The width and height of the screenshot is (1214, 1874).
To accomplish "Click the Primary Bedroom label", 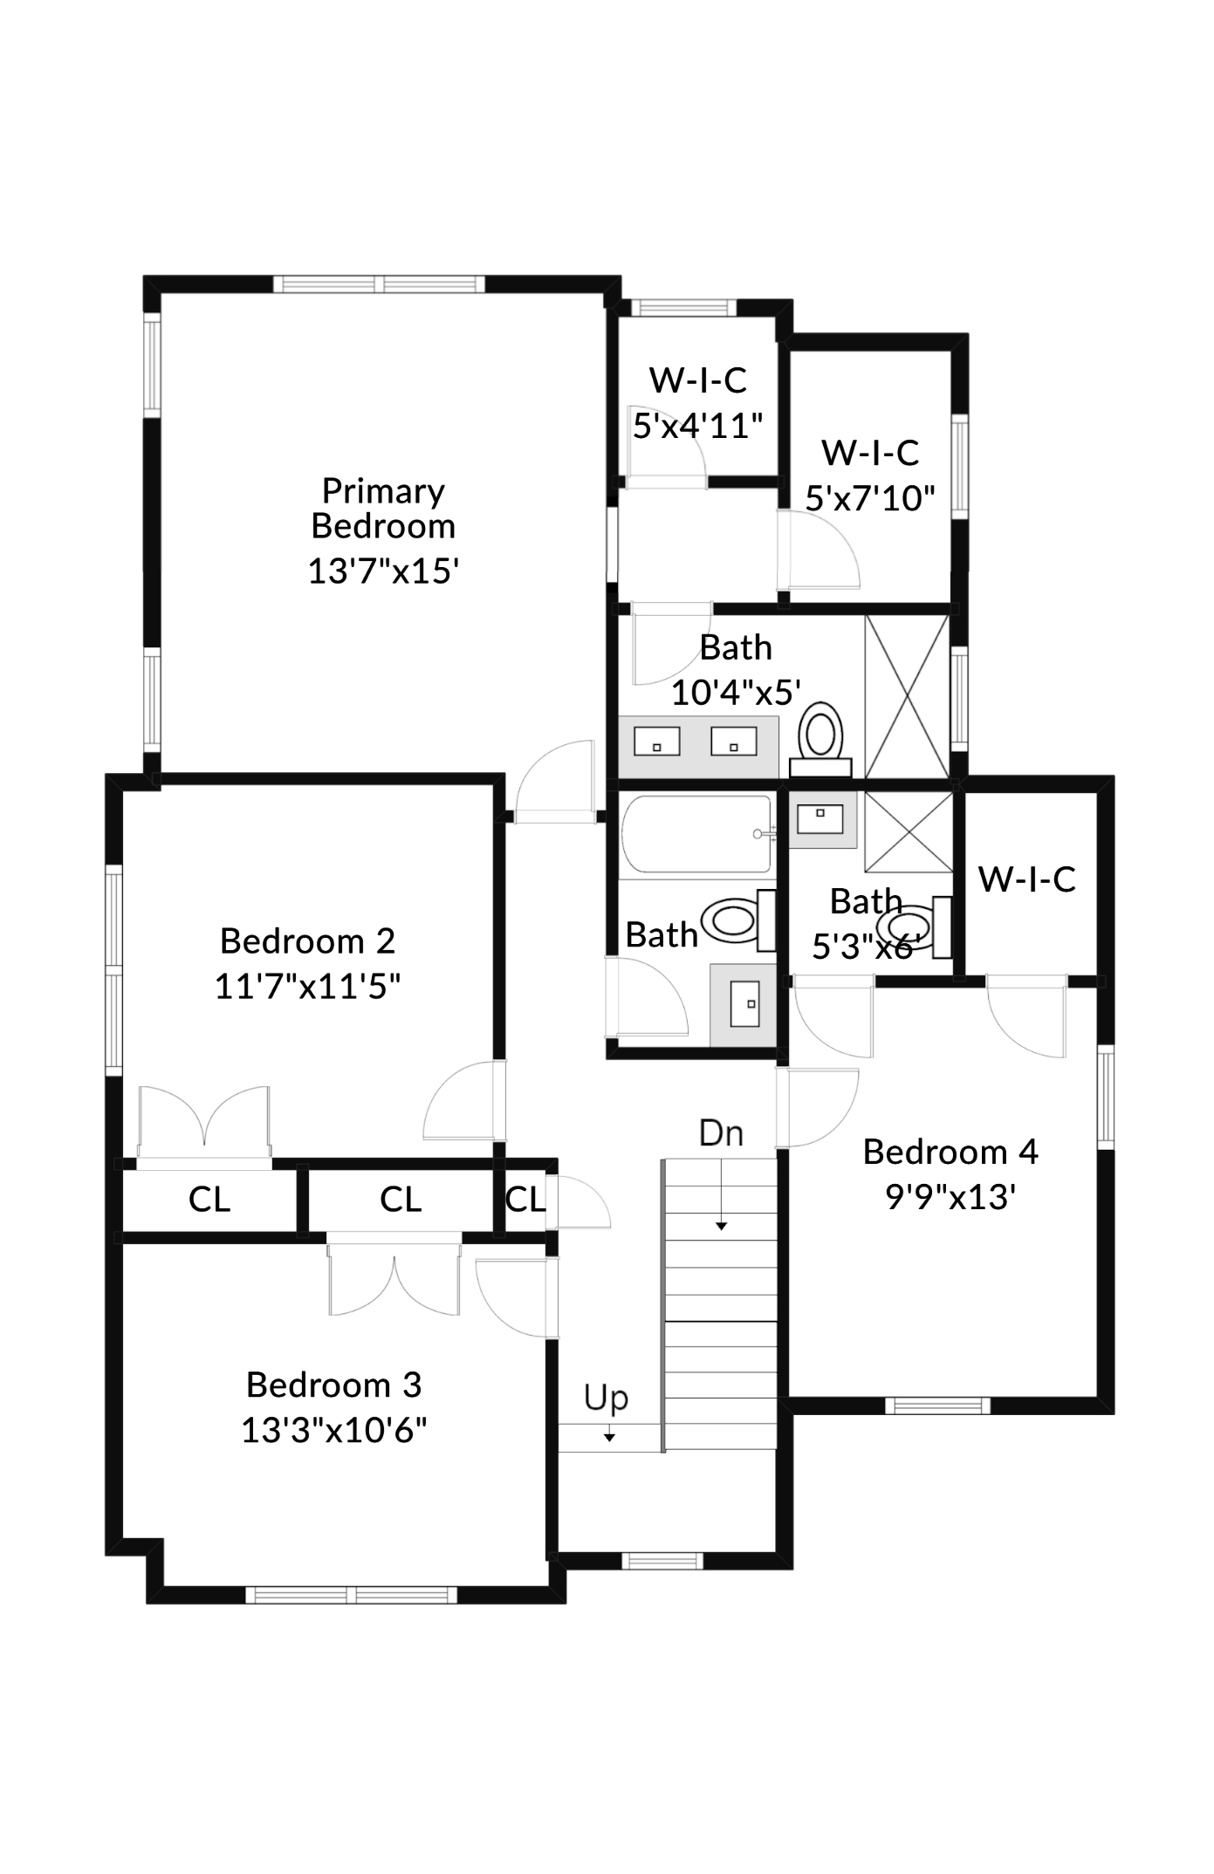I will point(383,509).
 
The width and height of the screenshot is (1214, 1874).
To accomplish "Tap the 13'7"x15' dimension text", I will point(383,571).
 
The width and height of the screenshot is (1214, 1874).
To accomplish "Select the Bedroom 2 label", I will point(307,941).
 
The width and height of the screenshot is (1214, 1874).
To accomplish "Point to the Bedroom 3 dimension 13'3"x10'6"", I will point(334,1430).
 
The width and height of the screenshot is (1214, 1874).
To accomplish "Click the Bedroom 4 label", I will point(950,1152).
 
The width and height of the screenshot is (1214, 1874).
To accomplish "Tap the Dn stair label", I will point(721,1133).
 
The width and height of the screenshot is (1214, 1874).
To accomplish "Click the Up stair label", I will point(606,1397).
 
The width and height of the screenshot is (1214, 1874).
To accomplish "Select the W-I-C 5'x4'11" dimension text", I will point(697,427).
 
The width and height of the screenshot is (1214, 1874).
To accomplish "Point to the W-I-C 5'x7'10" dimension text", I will point(869,499).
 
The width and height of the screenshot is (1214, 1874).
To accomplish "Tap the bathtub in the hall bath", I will point(696,833).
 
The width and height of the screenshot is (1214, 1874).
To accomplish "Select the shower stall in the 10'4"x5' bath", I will point(907,696).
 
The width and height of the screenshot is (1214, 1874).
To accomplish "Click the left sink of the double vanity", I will point(656,742).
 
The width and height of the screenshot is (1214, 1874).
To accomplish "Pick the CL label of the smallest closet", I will point(525,1200).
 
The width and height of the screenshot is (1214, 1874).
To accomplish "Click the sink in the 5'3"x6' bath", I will point(820,819).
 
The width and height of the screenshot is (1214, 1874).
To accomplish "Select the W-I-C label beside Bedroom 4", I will point(1026,879).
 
